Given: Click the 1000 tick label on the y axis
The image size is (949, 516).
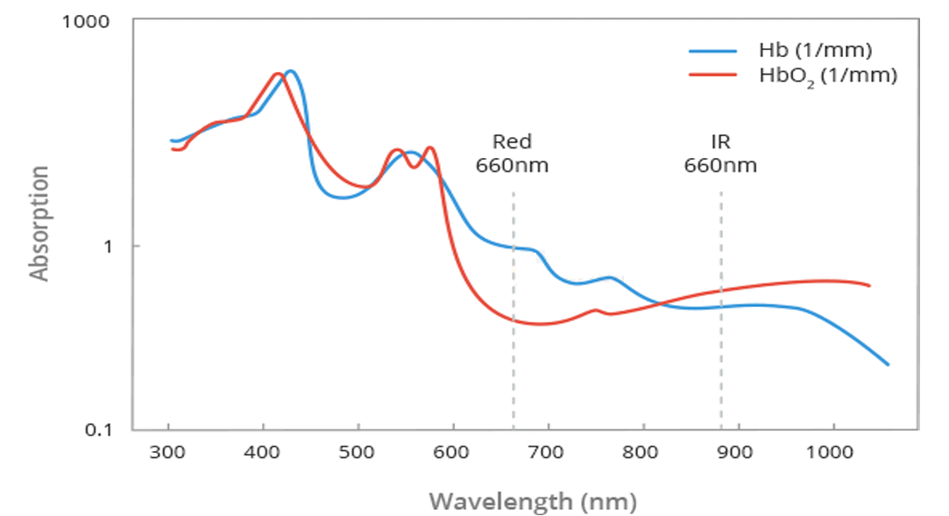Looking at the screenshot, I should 85,20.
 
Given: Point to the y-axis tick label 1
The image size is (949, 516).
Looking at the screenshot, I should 110,246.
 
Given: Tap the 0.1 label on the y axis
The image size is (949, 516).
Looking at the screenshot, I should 103,430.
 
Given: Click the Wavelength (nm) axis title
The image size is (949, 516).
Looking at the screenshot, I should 532,501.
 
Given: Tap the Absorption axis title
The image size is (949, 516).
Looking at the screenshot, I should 39,223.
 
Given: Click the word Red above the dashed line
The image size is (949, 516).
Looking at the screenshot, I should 512,141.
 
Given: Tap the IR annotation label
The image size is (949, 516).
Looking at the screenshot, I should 720,141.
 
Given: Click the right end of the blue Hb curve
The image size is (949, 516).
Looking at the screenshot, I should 888,364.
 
